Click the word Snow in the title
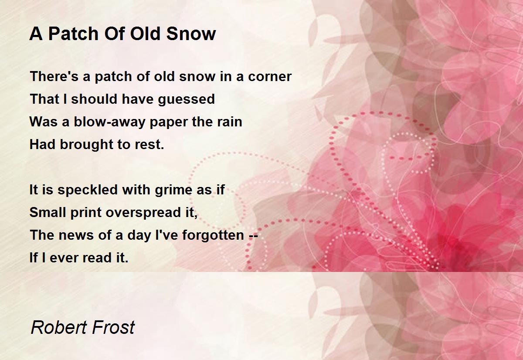coord(191,34)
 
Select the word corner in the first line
coord(270,77)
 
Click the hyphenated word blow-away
coord(109,122)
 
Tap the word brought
coord(87,145)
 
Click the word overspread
coord(143,213)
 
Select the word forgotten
coord(213,235)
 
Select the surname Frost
coord(113,327)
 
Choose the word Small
coord(48,212)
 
